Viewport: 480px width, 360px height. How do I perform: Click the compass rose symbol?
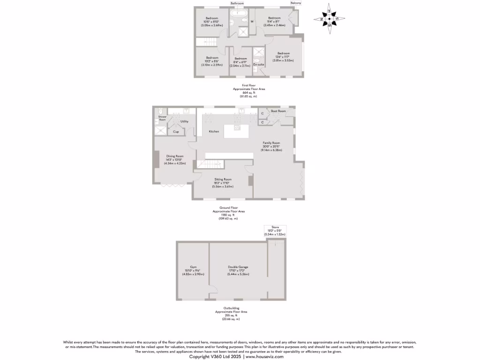330,19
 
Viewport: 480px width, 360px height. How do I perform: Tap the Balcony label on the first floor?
296,3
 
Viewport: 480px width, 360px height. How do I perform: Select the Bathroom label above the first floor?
237,3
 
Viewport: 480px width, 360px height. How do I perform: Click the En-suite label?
259,64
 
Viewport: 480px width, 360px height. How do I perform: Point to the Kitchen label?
214,132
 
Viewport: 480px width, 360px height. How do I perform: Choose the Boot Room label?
278,111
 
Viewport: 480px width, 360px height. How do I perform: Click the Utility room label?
184,121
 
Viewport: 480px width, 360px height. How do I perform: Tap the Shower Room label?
162,118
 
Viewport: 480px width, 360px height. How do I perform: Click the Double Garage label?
238,267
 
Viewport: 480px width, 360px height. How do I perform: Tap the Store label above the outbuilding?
275,227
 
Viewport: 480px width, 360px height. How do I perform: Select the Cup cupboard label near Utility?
176,132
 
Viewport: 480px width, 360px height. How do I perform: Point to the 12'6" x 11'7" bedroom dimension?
284,57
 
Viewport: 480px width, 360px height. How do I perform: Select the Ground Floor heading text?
229,207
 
